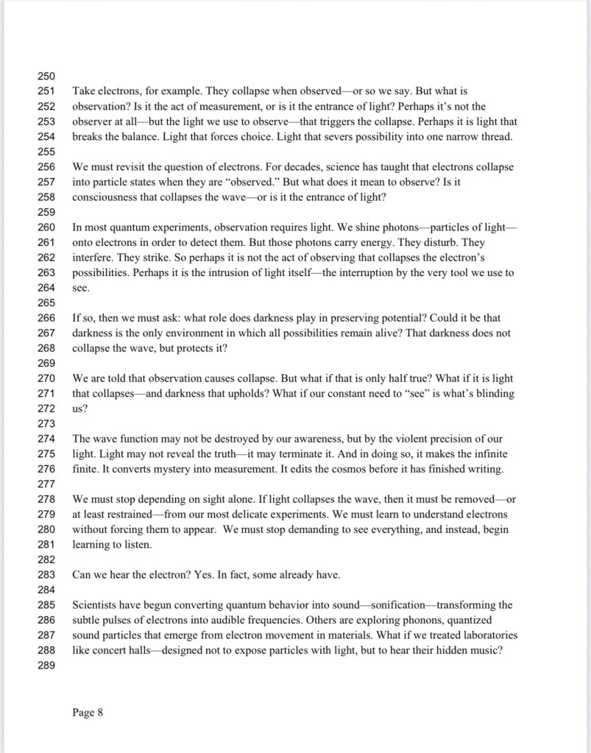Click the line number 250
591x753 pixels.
tap(46, 77)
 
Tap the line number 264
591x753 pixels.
tap(46, 289)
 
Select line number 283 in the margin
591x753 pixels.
tap(46, 575)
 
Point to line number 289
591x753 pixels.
tap(46, 665)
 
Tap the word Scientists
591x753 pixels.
tap(96, 605)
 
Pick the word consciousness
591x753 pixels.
tap(105, 197)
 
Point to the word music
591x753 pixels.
tap(484, 649)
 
